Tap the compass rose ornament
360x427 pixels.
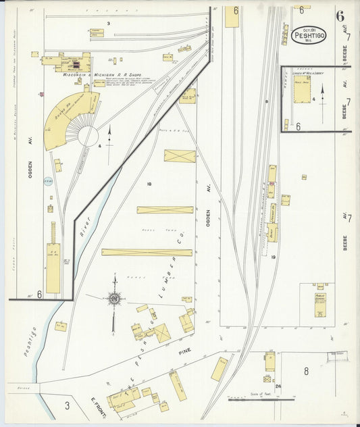point(115,298)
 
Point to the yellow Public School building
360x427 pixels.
point(319,305)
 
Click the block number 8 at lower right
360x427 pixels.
point(305,371)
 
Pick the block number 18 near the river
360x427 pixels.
point(149,184)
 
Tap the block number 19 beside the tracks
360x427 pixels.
point(274,257)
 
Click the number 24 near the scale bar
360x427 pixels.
point(267,387)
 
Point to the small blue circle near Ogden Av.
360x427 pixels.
point(48,181)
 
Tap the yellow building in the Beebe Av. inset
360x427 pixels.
point(301,89)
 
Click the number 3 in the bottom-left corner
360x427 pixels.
point(67,405)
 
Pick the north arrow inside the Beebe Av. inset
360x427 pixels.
point(322,95)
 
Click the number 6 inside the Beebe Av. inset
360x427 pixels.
point(297,126)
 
